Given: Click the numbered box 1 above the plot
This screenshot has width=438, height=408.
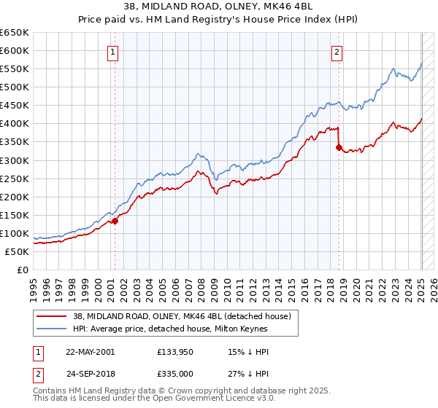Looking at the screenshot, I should [115, 52].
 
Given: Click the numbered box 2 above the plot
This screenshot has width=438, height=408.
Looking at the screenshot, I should [337, 52].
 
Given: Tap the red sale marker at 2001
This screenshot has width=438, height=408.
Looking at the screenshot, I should [115, 221].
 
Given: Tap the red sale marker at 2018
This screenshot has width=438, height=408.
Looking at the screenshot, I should [339, 147].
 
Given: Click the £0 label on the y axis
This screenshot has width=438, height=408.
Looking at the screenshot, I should [23, 270].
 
